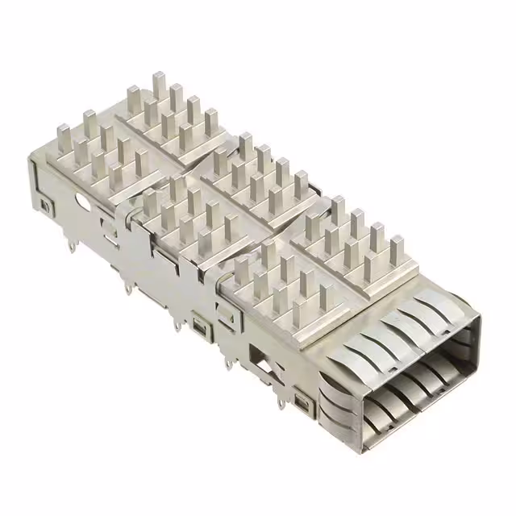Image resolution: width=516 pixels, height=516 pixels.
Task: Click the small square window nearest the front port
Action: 302,400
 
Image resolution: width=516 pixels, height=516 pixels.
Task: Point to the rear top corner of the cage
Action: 34,161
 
